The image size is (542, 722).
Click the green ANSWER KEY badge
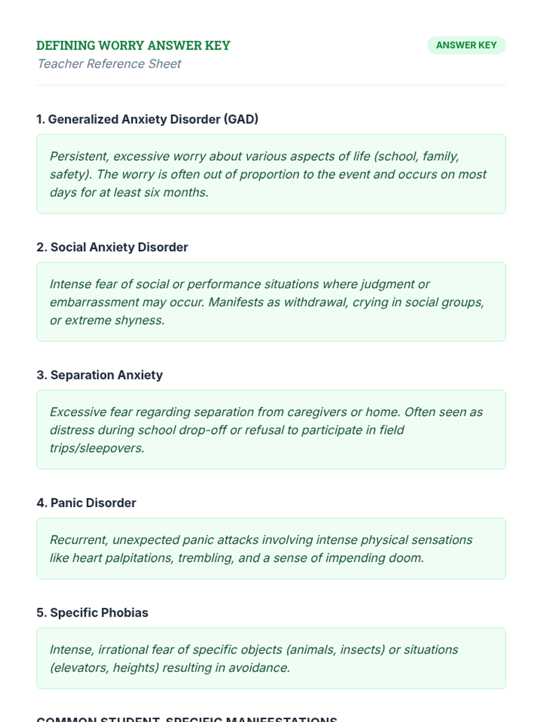click(x=466, y=45)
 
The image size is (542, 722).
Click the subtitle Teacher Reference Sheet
click(x=109, y=64)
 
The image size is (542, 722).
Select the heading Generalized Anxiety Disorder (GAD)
click(x=147, y=119)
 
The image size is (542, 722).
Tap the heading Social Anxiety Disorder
click(x=112, y=247)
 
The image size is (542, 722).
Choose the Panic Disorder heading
click(x=86, y=503)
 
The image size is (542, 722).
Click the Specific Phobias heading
click(x=92, y=612)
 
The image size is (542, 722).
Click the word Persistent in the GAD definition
click(x=79, y=156)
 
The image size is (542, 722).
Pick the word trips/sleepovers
click(x=97, y=448)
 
